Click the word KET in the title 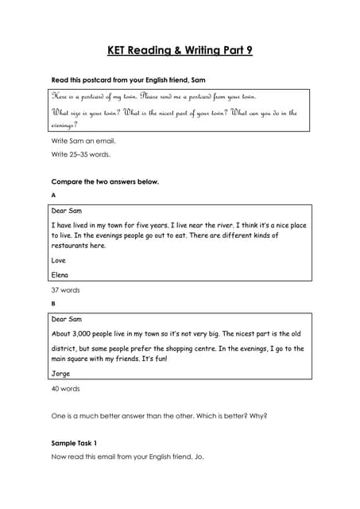point(119,52)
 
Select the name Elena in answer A point(60,275)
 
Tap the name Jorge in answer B point(60,374)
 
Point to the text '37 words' point(65,290)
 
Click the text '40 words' point(65,389)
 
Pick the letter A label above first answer point(53,195)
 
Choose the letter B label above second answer point(53,303)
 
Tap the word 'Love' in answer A point(58,260)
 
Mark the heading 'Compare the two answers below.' point(105,181)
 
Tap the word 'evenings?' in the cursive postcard point(64,126)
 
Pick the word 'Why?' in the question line point(259,415)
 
